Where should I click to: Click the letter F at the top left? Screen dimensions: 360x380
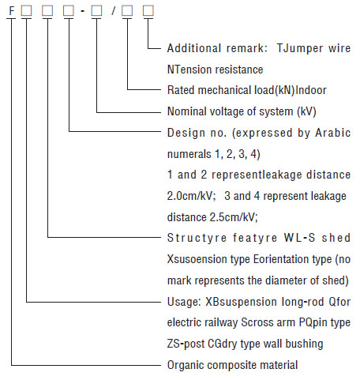click(12, 11)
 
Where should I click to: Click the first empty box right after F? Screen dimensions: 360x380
click(26, 11)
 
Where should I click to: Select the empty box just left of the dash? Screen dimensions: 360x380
click(69, 11)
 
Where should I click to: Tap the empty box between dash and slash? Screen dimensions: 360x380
click(96, 11)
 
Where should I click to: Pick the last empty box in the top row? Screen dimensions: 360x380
click(148, 11)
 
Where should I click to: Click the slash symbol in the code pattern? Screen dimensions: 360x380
click(113, 11)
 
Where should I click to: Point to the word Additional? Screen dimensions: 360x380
click(194, 48)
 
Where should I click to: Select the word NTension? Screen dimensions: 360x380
click(189, 70)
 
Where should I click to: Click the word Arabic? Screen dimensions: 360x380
click(333, 133)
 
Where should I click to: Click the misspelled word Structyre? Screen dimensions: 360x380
click(197, 238)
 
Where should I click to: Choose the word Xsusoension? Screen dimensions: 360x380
click(197, 259)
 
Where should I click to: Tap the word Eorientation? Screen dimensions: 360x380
click(281, 259)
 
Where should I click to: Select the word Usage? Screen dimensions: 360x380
click(184, 302)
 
